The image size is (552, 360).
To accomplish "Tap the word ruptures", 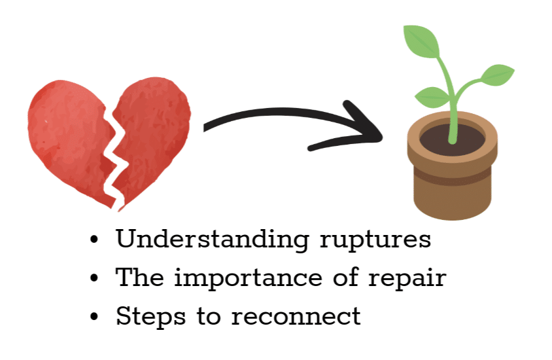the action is click(375, 241).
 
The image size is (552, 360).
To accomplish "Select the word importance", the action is click(248, 279).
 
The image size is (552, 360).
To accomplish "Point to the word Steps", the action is click(150, 317).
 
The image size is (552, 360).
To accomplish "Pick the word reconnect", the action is click(296, 316).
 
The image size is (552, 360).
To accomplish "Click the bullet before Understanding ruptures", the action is click(94, 240).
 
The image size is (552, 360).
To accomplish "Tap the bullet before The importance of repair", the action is click(94, 278).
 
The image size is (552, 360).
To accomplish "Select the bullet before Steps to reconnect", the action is click(94, 316).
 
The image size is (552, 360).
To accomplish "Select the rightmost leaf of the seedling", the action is click(498, 75).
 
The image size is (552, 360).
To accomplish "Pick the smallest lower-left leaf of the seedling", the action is click(432, 98).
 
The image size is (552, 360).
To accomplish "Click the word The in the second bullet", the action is click(140, 278).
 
